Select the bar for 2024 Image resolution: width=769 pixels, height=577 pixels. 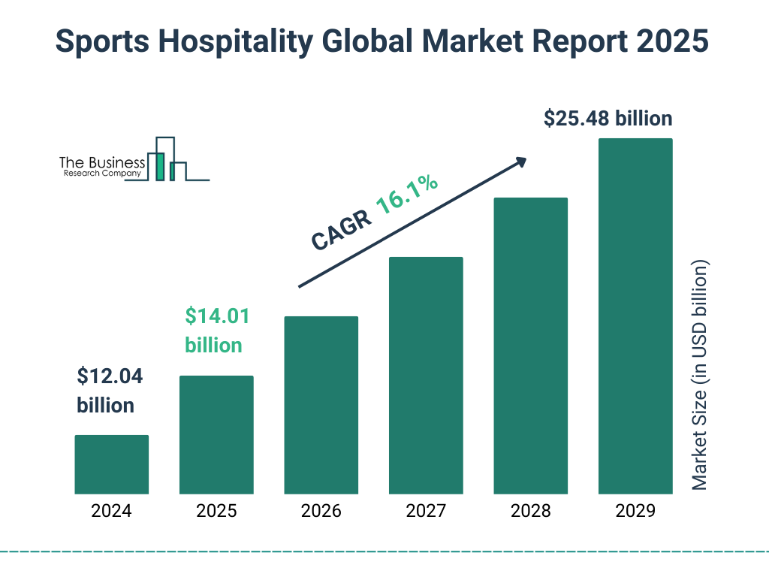[x=111, y=464]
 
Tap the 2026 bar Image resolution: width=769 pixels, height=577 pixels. [x=321, y=405]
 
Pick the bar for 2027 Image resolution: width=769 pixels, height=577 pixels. [x=426, y=376]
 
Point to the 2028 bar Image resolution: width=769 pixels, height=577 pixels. [x=530, y=346]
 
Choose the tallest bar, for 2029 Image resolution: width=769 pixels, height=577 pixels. [x=635, y=316]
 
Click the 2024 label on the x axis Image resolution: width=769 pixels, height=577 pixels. [x=111, y=512]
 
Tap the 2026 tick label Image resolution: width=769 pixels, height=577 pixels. [x=321, y=512]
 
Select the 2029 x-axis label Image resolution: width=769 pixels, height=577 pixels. [x=635, y=512]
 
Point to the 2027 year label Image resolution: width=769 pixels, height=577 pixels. [x=426, y=512]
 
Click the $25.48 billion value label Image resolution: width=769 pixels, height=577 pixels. [x=608, y=119]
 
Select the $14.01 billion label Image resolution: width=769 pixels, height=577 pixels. [x=216, y=331]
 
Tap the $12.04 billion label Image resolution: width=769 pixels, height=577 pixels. [x=110, y=391]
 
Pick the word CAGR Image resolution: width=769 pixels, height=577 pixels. [x=341, y=230]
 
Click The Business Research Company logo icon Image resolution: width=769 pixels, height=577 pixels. [x=167, y=159]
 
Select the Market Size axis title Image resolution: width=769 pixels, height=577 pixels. [x=700, y=376]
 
